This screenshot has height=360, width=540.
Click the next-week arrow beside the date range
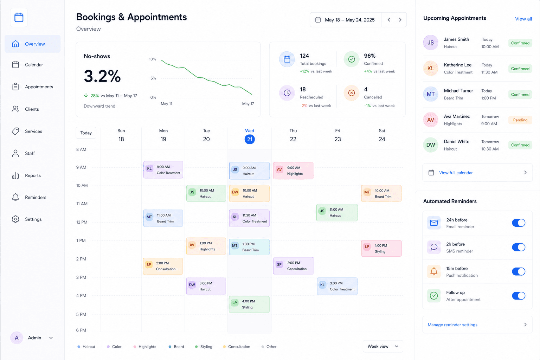tap(400, 20)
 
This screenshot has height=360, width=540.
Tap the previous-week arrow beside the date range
tap(389, 20)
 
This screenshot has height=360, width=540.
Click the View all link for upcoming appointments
tap(523, 19)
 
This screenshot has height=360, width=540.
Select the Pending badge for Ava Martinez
tap(520, 120)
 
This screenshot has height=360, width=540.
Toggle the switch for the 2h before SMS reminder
tap(519, 247)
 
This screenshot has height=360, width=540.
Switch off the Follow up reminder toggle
tap(519, 296)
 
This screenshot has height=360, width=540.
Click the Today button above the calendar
tap(86, 133)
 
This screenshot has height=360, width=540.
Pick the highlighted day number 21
tap(250, 139)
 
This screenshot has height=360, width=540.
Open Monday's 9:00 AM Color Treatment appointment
tap(163, 170)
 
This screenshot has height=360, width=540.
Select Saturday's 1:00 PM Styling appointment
tap(381, 248)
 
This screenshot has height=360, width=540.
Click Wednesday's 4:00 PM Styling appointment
tap(249, 304)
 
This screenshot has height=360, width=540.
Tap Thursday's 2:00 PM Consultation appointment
tap(293, 266)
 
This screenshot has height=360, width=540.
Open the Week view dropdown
tap(383, 346)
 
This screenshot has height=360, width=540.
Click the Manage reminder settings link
tap(452, 325)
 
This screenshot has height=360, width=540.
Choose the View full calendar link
tap(456, 173)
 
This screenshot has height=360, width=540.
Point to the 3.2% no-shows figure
tap(102, 76)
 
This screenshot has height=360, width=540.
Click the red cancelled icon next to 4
tap(352, 93)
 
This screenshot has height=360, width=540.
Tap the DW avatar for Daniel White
tap(431, 145)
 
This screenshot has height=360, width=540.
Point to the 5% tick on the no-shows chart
tap(153, 78)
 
